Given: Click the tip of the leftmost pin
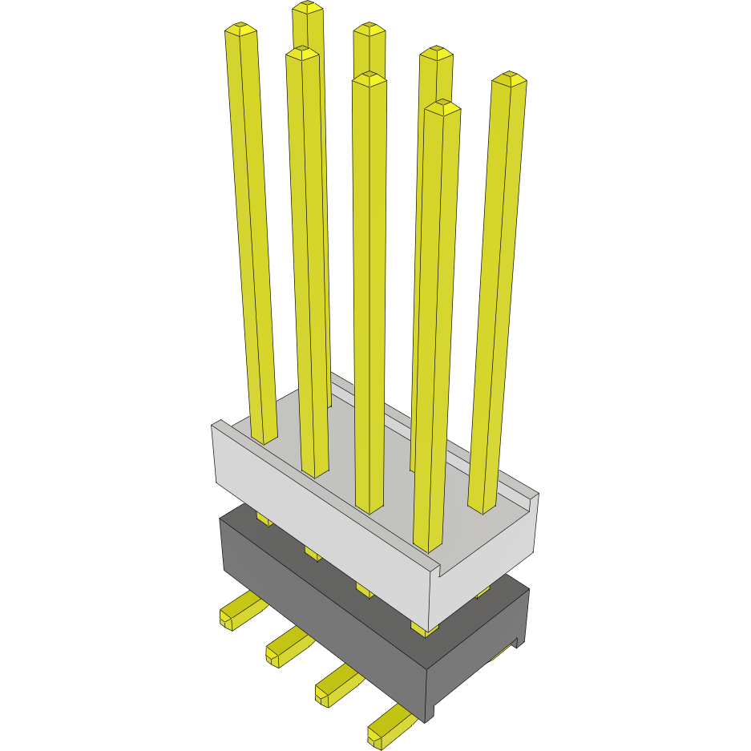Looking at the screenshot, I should tap(240, 30).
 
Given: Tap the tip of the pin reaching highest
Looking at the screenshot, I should tap(308, 8).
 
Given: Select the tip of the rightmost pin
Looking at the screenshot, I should tap(509, 78).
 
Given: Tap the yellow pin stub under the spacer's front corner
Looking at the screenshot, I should tap(423, 628).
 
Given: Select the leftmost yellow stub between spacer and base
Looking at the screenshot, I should tap(264, 519).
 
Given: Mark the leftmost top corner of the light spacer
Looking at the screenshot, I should tap(214, 424).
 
